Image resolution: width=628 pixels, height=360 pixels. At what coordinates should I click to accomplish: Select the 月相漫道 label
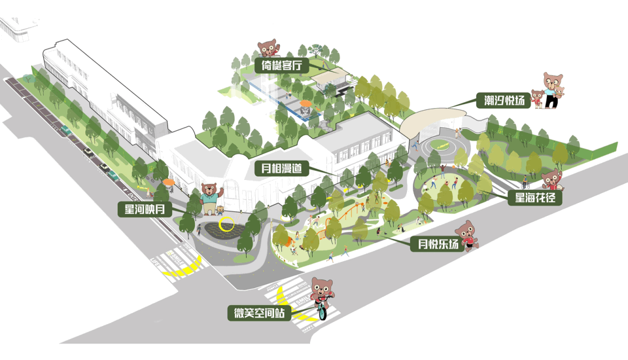[x=281, y=168]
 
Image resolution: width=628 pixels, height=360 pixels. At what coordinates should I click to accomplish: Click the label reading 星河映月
[x=145, y=209]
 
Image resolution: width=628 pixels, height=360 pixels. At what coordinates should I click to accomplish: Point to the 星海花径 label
[x=534, y=196]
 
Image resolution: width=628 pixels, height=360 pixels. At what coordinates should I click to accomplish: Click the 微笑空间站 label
[x=260, y=313]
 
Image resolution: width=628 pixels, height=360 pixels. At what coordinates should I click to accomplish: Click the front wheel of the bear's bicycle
[x=322, y=312]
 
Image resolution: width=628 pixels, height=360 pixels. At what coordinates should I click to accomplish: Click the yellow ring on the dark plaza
[x=227, y=225]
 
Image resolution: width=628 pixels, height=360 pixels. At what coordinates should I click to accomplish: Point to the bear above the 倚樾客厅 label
[x=268, y=48]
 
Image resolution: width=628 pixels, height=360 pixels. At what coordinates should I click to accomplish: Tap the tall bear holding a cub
[x=553, y=88]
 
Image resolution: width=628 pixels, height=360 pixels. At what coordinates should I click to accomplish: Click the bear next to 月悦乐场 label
[x=466, y=234]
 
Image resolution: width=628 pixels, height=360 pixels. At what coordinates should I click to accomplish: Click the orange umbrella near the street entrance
[x=169, y=183]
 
